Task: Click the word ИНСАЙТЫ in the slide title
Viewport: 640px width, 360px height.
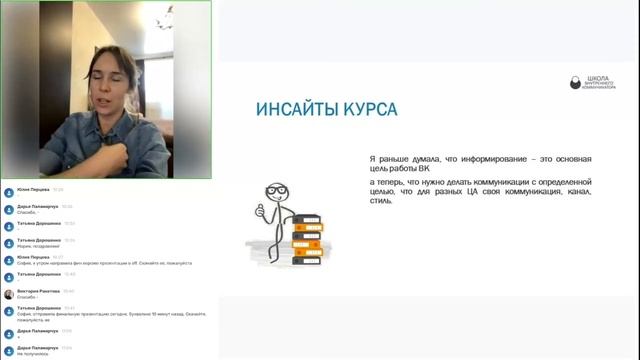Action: (x=284, y=108)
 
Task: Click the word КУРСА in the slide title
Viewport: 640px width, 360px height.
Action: (x=368, y=108)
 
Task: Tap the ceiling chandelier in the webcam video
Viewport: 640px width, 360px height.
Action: (x=159, y=18)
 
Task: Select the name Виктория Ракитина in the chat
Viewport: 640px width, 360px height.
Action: (x=38, y=291)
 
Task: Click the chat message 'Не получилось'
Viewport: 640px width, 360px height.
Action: (x=32, y=354)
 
